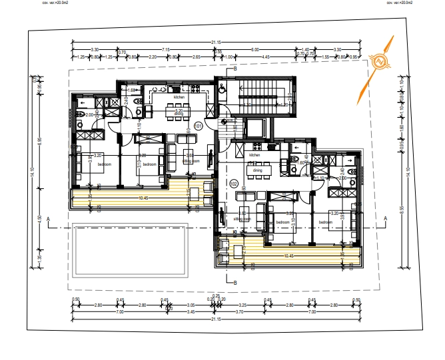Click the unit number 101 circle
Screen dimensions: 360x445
coord(198,126)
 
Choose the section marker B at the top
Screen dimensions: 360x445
coord(234,69)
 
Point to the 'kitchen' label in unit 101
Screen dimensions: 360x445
coord(179,98)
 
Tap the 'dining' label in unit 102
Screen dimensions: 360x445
coord(257,170)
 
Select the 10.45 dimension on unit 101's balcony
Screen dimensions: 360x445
coord(143,198)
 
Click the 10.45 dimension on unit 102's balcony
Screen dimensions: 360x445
coord(288,255)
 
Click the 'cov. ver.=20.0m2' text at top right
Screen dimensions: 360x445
coord(400,3)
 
